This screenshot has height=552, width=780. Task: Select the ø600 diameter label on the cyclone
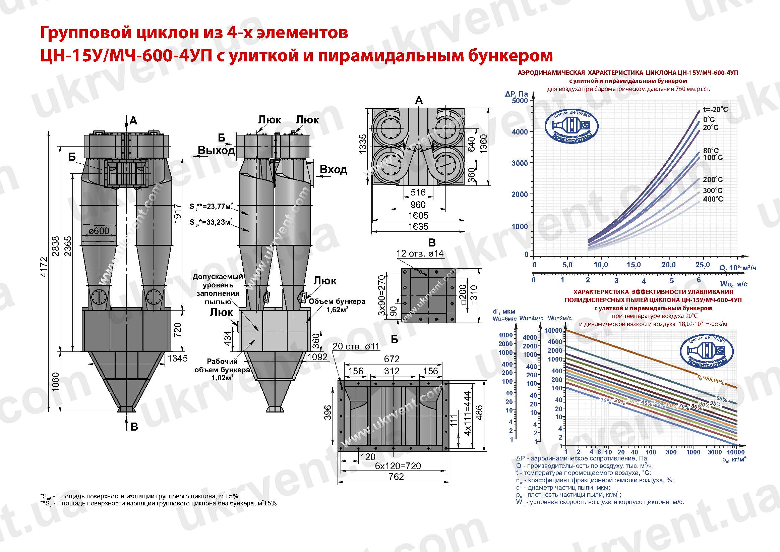[x=99, y=231]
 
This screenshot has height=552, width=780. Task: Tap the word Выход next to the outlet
[x=217, y=150]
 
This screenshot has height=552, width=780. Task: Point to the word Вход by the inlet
[x=333, y=169]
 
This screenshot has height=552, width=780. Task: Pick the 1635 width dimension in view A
[x=418, y=226]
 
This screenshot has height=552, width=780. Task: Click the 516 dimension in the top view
[x=418, y=192]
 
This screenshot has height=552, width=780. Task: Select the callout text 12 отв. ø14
[x=420, y=254]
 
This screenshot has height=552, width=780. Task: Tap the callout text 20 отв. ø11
[x=355, y=346]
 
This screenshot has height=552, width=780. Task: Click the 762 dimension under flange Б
[x=396, y=477]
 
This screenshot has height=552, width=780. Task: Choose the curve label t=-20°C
[x=715, y=110]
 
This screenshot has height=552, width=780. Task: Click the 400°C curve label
[x=713, y=199]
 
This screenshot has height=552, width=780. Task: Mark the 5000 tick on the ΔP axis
[x=520, y=101]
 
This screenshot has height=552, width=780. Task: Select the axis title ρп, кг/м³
[x=734, y=459]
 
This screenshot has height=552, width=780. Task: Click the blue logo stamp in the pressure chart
[x=572, y=126]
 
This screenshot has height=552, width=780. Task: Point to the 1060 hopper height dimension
[x=56, y=382]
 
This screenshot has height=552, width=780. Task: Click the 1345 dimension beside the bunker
[x=177, y=358]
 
